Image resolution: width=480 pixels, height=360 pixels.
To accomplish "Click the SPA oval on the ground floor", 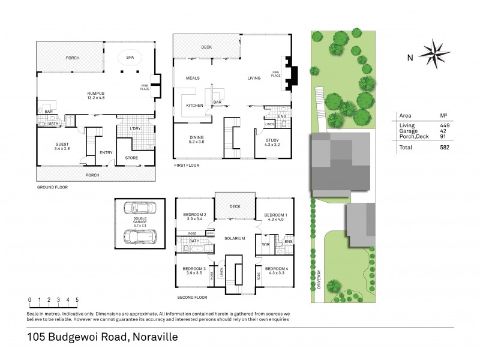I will point(129,58).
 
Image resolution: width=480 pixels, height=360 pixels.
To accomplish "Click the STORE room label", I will point(131,158).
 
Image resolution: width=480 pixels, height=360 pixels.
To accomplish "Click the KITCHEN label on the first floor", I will point(195,106).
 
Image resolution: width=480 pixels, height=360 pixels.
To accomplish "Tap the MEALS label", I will point(193,78).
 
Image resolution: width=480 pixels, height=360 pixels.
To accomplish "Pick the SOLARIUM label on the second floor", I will point(235,238).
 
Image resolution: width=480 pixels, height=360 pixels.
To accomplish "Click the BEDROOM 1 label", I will point(276,215).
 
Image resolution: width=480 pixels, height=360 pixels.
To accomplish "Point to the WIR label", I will point(265,244).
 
